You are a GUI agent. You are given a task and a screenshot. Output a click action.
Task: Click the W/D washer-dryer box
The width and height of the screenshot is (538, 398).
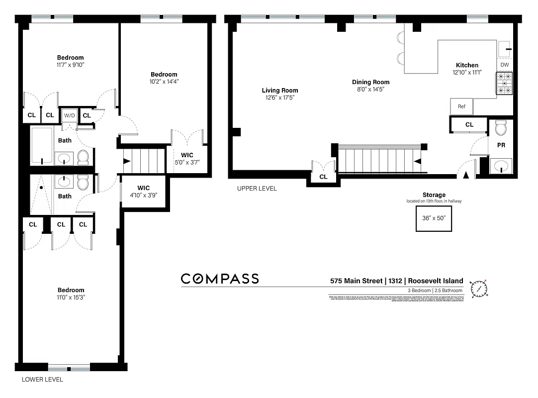[68, 116]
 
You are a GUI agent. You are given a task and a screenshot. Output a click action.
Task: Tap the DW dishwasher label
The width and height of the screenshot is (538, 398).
[505, 65]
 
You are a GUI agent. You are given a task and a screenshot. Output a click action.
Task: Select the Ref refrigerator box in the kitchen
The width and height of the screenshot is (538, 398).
[461, 106]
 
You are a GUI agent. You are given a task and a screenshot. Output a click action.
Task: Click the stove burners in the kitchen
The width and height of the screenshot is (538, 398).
[505, 84]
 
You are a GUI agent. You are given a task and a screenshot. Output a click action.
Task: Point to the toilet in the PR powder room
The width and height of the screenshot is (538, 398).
[501, 129]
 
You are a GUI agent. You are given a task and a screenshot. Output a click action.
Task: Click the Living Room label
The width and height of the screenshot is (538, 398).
[280, 91]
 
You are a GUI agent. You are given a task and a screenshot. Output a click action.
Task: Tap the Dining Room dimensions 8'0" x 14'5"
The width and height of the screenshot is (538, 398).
[370, 89]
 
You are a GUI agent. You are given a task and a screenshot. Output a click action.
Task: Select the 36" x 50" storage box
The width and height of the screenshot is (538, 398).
[434, 217]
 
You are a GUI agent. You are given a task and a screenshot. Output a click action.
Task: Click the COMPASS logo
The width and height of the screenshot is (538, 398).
[220, 279]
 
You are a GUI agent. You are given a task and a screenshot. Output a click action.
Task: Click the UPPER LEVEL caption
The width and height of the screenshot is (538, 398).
[257, 189]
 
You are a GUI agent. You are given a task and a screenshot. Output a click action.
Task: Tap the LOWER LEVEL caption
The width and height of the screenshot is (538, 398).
[43, 379]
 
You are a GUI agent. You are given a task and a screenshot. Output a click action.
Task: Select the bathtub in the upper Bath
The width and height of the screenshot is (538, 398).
[42, 145]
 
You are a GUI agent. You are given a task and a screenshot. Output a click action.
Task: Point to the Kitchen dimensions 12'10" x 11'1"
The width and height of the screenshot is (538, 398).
[467, 73]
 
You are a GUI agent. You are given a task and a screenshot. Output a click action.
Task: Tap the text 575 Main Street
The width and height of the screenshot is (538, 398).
[357, 281]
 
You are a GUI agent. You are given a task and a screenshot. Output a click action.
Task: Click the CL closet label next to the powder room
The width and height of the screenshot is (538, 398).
[469, 125]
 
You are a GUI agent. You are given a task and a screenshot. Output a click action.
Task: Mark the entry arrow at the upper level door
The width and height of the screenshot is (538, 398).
[466, 175]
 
